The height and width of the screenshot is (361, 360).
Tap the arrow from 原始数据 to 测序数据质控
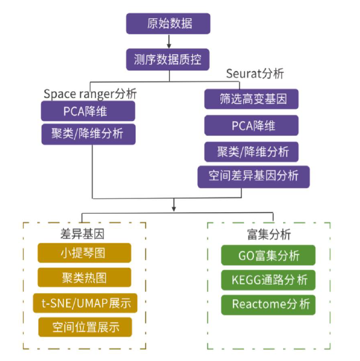pyautogui.click(x=168, y=41)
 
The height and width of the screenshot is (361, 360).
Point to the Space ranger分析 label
pyautogui.click(x=90, y=93)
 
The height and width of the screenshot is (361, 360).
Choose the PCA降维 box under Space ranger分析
pyautogui.click(x=88, y=112)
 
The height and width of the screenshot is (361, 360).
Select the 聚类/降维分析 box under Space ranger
pyautogui.click(x=88, y=134)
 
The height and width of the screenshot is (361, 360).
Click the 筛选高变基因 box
pyautogui.click(x=251, y=100)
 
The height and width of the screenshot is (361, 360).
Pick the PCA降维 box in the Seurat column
pyautogui.click(x=251, y=126)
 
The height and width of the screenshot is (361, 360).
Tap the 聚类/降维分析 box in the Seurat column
pyautogui.click(x=251, y=151)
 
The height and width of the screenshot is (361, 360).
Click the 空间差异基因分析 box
pyautogui.click(x=253, y=176)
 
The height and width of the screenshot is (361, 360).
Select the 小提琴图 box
pyautogui.click(x=84, y=253)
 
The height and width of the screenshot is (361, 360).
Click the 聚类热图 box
pyautogui.click(x=84, y=277)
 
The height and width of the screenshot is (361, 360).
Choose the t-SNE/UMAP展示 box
pyautogui.click(x=84, y=302)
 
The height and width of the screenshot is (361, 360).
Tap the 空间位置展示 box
pyautogui.click(x=85, y=327)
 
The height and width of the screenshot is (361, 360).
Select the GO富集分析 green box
pyautogui.click(x=268, y=256)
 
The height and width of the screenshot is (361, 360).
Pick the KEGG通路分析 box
pyautogui.click(x=268, y=280)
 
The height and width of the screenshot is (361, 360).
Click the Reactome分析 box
pyautogui.click(x=268, y=304)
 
